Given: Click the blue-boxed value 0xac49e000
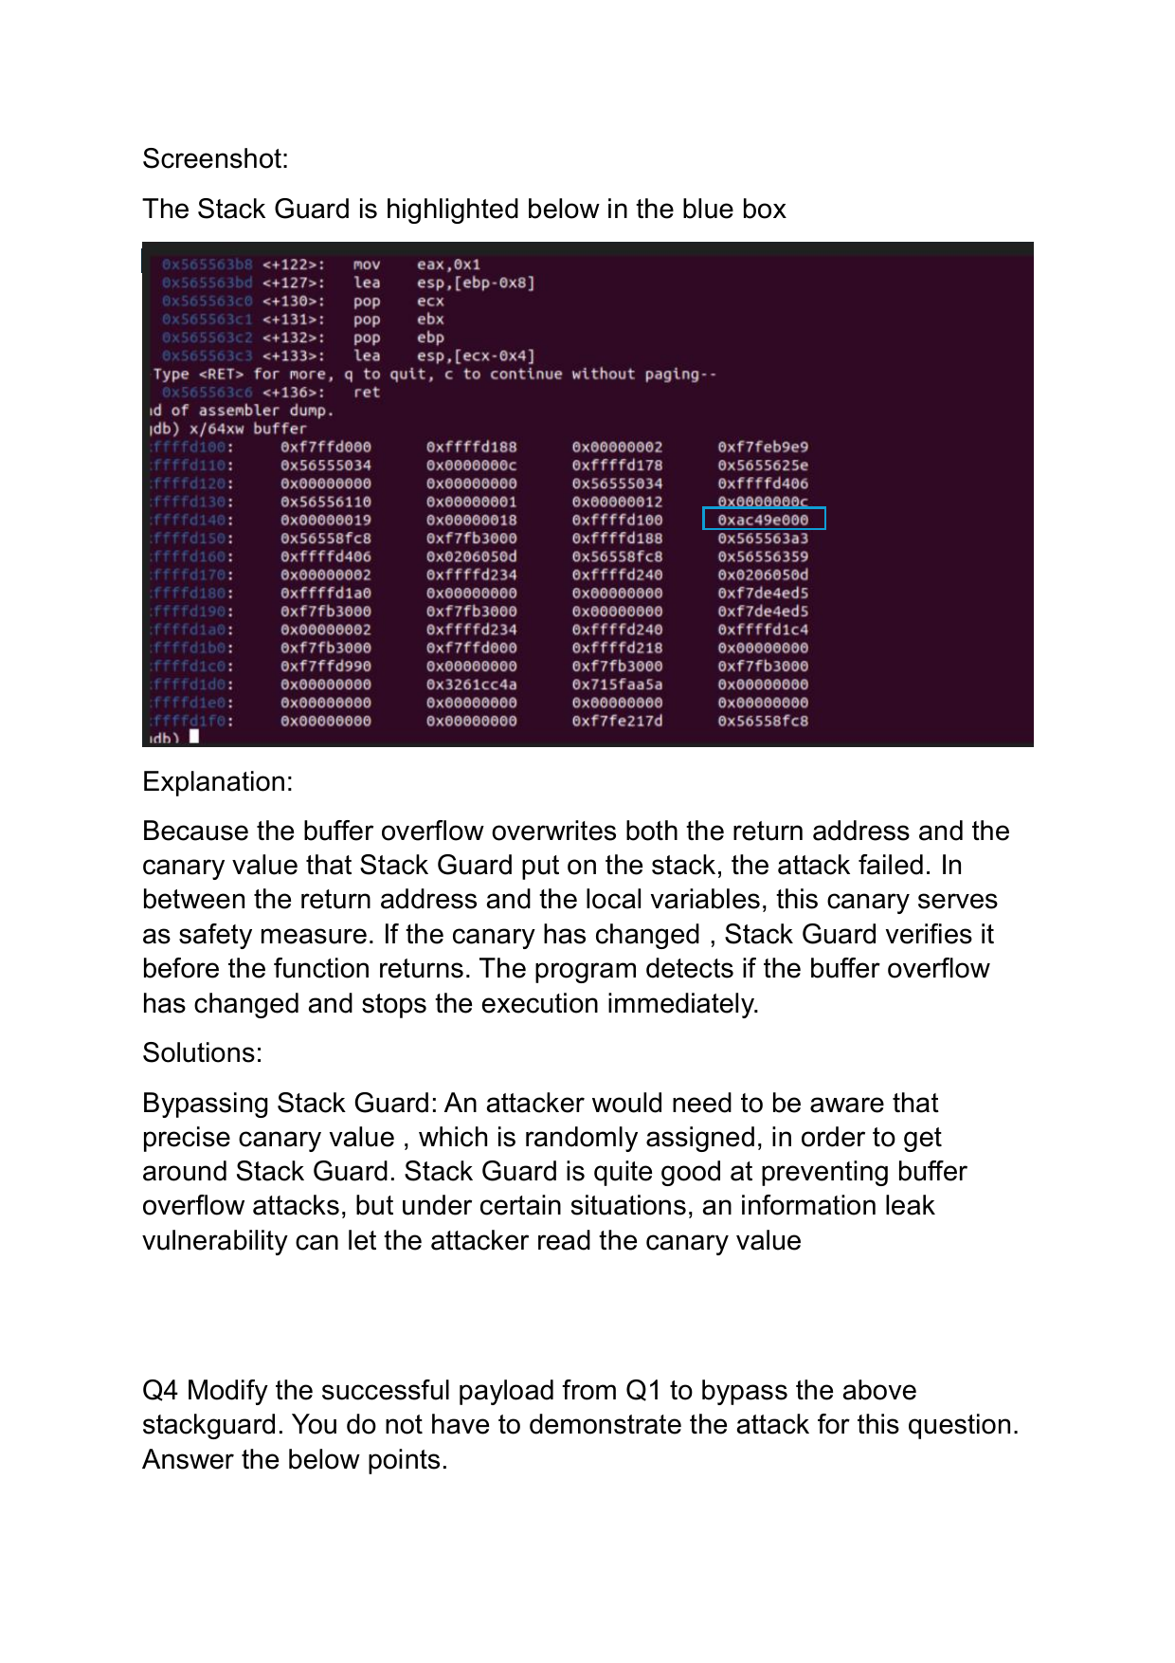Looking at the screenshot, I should click(764, 520).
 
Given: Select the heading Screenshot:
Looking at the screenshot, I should click(215, 158).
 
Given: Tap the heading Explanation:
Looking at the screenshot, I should click(217, 781).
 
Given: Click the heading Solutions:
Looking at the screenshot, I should click(202, 1052).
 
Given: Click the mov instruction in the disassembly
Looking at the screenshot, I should click(367, 265).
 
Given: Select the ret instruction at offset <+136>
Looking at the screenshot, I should click(367, 393).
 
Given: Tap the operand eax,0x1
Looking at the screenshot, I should click(448, 265).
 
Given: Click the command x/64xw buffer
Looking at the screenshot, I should click(247, 429).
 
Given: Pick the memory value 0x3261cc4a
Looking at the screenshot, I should click(472, 685).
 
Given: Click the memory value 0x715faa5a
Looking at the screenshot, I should click(617, 685).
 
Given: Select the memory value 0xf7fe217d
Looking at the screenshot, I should click(617, 722).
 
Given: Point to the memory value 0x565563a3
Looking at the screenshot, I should click(763, 539).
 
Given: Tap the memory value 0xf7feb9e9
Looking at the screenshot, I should click(763, 448).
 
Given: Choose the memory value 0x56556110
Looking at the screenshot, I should click(326, 503).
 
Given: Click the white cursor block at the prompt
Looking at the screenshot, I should click(194, 737).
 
